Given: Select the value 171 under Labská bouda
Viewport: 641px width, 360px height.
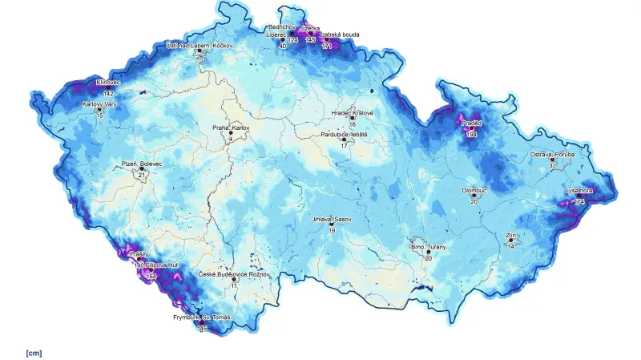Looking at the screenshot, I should coord(326,47).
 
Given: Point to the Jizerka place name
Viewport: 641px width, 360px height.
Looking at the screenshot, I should coord(310,27).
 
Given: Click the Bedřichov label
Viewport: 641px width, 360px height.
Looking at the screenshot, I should coord(284,26).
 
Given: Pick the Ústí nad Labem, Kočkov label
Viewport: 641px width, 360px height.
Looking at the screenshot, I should coord(199,46).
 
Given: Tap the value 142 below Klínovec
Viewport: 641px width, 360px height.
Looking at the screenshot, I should coord(108,94).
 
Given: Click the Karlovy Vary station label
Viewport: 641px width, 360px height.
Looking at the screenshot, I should coord(100,103).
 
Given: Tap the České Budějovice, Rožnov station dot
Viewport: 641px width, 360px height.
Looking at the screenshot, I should coord(234,279).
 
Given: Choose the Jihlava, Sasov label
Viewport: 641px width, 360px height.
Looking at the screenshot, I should coord(331,218).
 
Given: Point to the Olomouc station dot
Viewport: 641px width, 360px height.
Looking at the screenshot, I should coord(474,195).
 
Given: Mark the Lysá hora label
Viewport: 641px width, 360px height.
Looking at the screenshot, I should coord(579,190).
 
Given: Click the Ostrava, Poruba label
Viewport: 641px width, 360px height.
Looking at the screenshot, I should coord(553,154).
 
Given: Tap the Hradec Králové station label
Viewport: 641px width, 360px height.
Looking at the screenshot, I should coord(353,113).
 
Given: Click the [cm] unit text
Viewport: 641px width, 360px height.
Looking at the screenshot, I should coord(34,352).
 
